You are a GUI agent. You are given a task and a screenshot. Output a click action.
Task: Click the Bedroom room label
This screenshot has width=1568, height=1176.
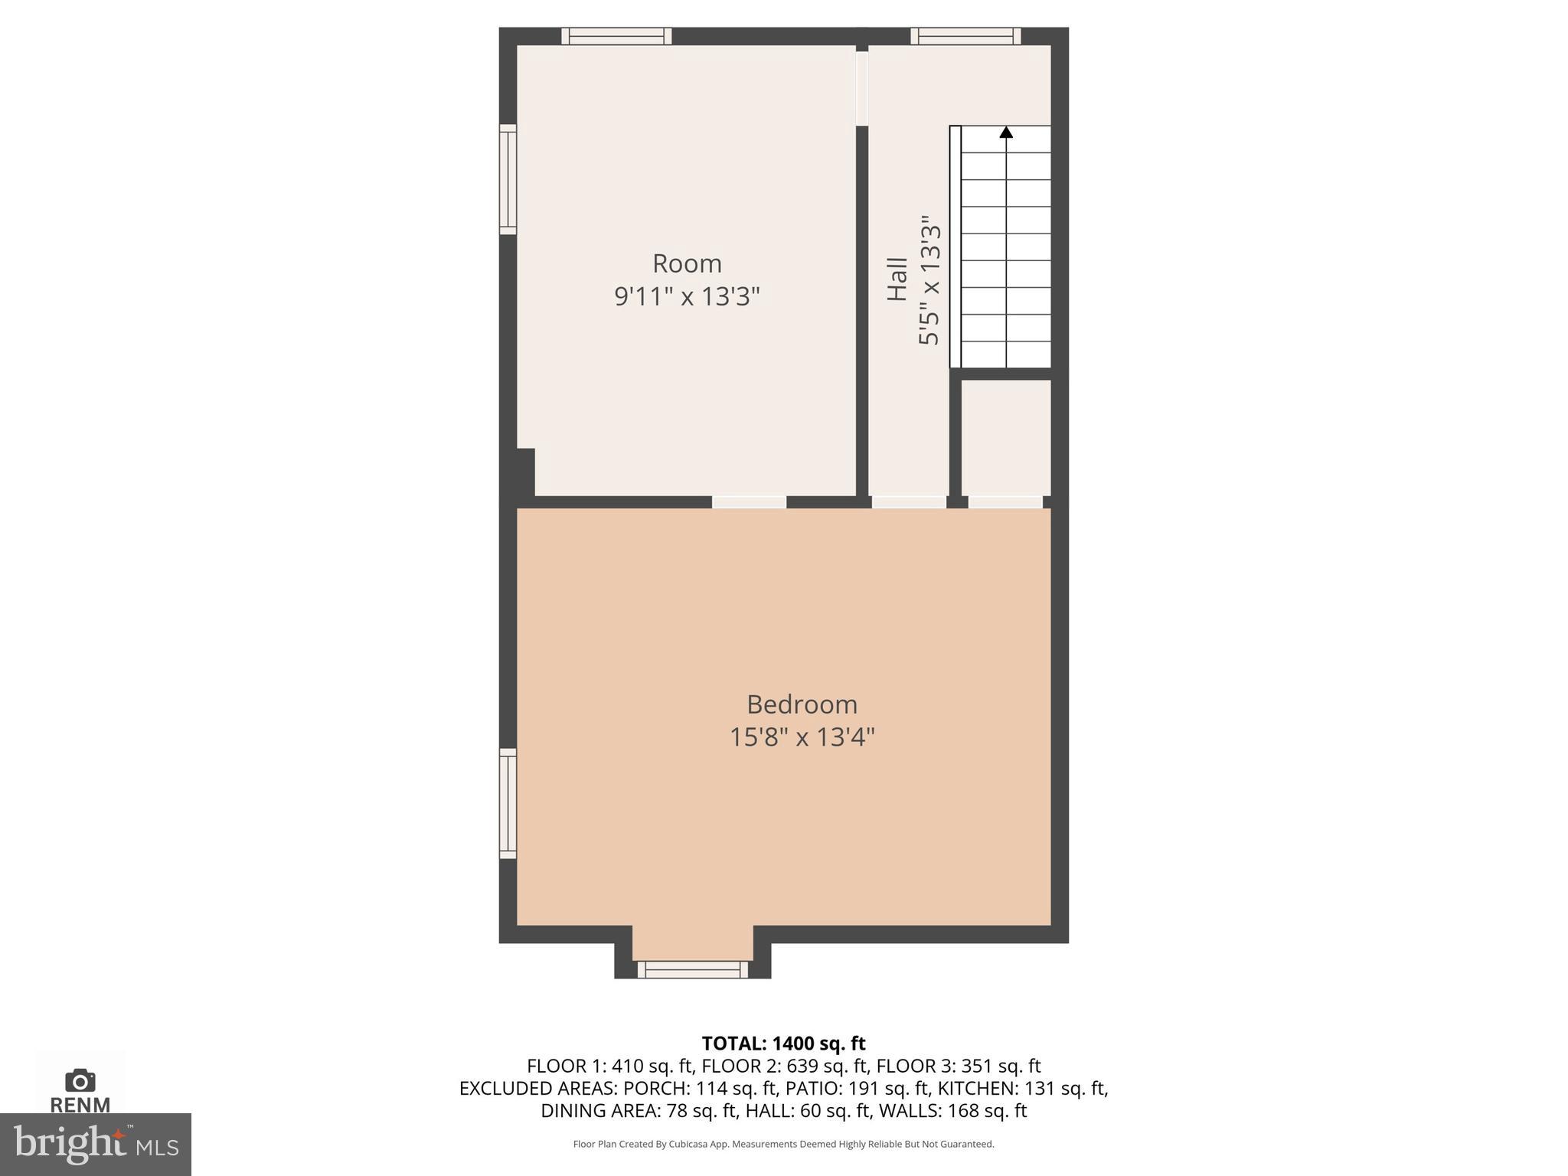(x=802, y=704)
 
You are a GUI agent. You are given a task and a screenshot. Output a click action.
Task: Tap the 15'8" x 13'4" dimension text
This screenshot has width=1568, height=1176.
(x=802, y=737)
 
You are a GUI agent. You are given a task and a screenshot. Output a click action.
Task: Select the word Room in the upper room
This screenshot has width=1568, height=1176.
(x=687, y=263)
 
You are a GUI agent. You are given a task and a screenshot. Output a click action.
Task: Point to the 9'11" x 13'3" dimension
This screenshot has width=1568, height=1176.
(x=687, y=296)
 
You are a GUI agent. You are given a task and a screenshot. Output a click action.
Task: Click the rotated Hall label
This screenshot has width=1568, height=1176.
(x=897, y=279)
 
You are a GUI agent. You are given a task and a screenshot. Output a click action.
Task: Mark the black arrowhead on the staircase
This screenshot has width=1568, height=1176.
(x=1006, y=132)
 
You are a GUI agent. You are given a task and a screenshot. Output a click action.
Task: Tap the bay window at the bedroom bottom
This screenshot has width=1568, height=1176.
(x=692, y=969)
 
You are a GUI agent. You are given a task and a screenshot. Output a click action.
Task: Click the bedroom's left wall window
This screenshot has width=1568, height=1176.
(x=508, y=803)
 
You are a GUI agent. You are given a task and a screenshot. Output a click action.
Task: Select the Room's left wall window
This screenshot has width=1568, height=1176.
(x=508, y=179)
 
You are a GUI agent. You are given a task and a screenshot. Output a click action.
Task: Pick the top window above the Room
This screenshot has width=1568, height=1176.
(x=616, y=36)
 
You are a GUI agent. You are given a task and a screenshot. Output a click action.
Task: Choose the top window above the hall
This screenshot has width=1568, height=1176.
(x=965, y=36)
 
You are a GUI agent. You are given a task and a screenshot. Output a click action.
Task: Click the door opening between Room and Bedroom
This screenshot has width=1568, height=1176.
(x=749, y=502)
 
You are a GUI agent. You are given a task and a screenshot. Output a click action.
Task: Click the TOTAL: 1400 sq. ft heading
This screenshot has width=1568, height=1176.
(x=783, y=1044)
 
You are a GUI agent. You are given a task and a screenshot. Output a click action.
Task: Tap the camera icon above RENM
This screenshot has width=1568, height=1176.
(x=80, y=1080)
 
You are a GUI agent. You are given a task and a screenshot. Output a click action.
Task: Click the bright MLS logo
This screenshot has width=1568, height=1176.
(x=96, y=1144)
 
